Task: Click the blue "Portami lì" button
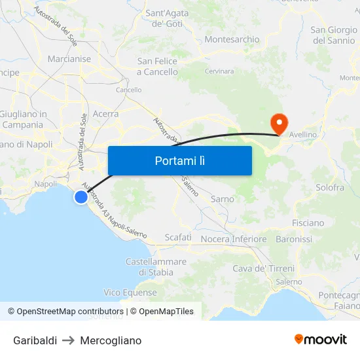pos(179,160)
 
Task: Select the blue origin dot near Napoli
pos(81,196)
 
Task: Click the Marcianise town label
pos(69,59)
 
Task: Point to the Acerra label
pos(105,114)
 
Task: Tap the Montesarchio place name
pos(232,39)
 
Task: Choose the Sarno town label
pos(222,199)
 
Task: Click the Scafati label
pos(178,237)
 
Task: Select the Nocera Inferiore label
pos(233,239)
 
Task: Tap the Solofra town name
pos(329,187)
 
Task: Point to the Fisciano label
pos(308,223)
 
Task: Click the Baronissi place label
pos(294,239)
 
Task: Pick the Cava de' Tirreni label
pos(263,268)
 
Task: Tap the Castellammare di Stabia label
pos(156,267)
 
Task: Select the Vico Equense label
pos(130,293)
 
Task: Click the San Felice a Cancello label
pos(157,66)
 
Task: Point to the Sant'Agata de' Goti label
pos(166,18)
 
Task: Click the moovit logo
pos(320,339)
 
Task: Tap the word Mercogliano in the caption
pos(111,340)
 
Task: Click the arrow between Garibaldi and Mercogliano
pos(69,340)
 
